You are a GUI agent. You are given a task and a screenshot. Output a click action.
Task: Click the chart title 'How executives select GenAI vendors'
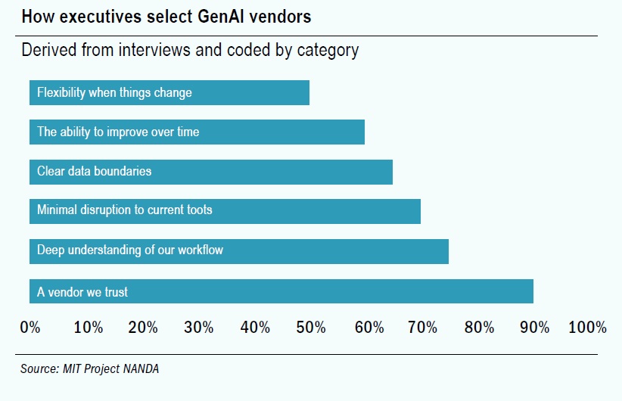click(166, 16)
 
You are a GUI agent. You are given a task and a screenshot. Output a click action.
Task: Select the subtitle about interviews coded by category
click(190, 51)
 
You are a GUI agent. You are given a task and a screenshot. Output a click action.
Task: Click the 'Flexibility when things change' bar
click(169, 93)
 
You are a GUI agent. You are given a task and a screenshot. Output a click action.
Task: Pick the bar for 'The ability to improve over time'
click(197, 132)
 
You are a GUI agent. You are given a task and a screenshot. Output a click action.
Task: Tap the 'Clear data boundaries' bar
click(211, 172)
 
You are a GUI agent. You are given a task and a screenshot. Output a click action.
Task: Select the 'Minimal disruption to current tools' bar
click(225, 210)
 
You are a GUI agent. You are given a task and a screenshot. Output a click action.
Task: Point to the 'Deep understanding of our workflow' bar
click(239, 250)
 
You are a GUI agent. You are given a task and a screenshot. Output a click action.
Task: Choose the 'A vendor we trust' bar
click(281, 291)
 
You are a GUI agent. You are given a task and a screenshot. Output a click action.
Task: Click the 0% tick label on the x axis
click(30, 328)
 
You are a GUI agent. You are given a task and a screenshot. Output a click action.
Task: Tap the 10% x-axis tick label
click(88, 328)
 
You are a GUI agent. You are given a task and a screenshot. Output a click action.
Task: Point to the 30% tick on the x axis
click(198, 328)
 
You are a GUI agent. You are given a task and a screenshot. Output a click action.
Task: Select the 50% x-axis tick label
click(310, 328)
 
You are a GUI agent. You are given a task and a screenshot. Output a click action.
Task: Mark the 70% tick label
click(422, 328)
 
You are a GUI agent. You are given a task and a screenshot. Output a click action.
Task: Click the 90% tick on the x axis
click(534, 328)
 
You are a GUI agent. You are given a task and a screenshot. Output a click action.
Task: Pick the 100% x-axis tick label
click(588, 328)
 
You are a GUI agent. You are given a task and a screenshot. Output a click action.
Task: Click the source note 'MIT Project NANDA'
click(90, 370)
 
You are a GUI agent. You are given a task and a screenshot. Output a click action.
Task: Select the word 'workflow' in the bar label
click(201, 250)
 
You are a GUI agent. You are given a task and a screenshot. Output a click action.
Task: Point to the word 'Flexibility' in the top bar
click(61, 93)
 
